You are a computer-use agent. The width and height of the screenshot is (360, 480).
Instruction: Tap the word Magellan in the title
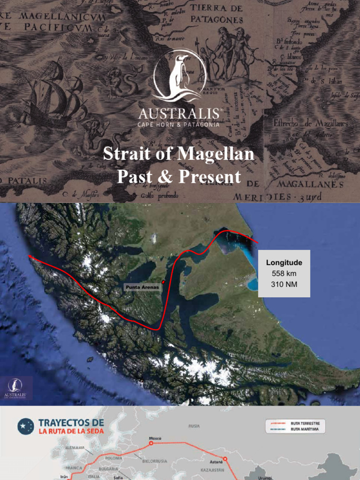tap(219, 154)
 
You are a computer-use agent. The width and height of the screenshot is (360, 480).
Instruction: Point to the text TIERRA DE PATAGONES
tap(217, 15)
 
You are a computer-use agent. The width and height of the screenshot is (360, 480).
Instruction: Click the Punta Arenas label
tap(142, 287)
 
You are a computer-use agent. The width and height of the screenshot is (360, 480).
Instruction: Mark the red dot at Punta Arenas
tap(163, 282)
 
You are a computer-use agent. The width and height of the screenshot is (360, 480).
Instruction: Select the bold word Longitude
tap(284, 263)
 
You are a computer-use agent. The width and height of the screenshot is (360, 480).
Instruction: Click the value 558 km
tap(284, 274)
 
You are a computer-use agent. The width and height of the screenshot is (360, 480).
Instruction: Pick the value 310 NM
tap(284, 284)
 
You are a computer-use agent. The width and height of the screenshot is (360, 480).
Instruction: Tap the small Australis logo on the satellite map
tap(15, 388)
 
